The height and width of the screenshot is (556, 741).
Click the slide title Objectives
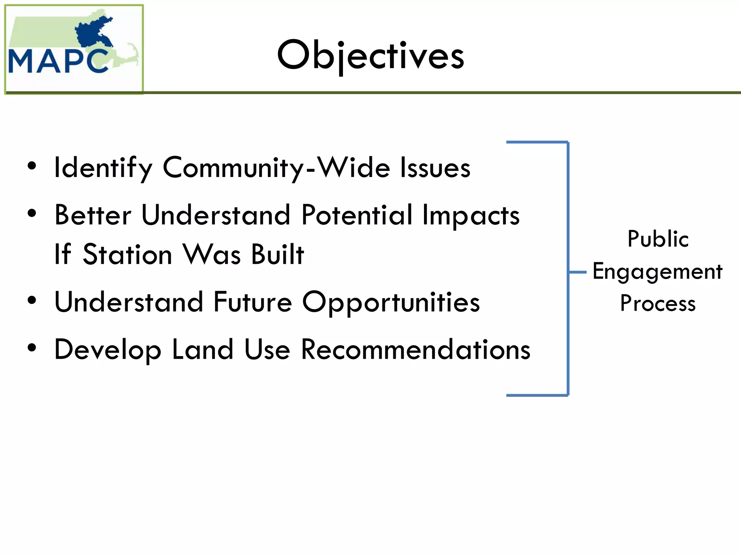tap(370, 55)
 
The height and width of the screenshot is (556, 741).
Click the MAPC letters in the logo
tap(58, 62)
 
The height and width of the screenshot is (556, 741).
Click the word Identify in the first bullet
tap(103, 168)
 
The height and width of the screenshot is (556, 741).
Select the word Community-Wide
tap(276, 168)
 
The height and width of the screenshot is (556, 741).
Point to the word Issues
tap(435, 168)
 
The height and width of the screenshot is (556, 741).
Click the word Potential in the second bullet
tap(356, 215)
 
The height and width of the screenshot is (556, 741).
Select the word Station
tap(127, 254)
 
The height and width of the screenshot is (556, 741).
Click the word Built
tap(278, 254)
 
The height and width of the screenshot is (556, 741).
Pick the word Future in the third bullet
tap(253, 302)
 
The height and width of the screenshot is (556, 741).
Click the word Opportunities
tap(391, 303)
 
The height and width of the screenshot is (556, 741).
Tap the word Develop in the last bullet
tap(107, 350)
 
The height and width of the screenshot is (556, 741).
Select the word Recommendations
tap(416, 350)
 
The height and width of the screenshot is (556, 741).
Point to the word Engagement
tap(657, 271)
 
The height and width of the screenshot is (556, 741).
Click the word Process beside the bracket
tap(658, 303)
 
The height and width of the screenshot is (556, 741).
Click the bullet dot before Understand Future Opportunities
tap(32, 300)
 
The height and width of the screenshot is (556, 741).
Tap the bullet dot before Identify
tap(32, 166)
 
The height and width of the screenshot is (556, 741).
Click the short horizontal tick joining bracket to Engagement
tap(577, 272)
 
